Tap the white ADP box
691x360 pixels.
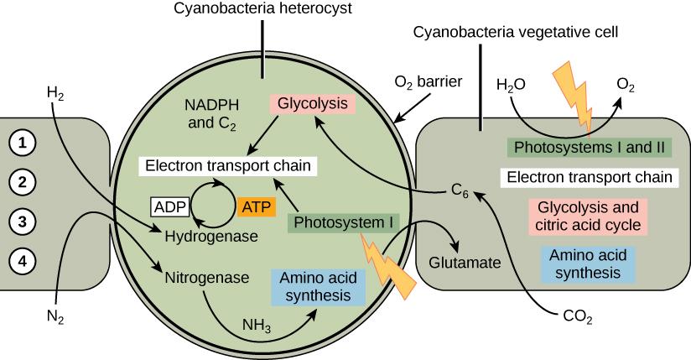pos(169,206)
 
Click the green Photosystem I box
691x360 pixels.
pos(344,223)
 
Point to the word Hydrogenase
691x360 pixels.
pos(210,237)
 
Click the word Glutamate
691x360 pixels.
pos(465,262)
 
